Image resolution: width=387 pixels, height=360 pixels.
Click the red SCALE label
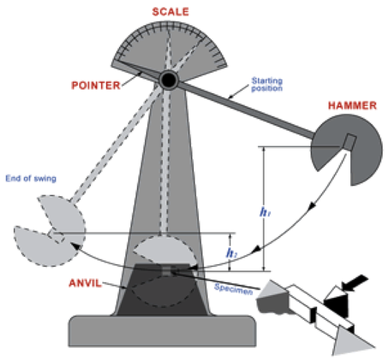tap(171, 12)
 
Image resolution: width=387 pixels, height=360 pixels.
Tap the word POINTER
tap(96, 85)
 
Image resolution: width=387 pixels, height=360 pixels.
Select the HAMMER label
tap(352, 105)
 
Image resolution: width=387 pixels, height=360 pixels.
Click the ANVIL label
tap(85, 283)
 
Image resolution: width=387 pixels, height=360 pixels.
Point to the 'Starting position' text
tap(267, 84)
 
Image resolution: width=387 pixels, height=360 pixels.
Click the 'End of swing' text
tap(31, 178)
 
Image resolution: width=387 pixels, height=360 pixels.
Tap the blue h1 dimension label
tap(265, 212)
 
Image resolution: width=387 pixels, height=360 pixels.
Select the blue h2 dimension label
tap(231, 253)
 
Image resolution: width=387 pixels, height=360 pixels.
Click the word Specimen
tap(233, 289)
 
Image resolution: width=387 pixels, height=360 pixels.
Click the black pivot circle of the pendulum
tap(169, 80)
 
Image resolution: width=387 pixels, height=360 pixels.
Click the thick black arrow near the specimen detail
tap(355, 282)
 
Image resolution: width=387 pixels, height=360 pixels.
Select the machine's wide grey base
tap(162, 331)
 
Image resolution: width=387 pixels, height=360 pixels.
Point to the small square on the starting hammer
tap(350, 142)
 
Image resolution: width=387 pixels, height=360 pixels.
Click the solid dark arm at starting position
tap(246, 110)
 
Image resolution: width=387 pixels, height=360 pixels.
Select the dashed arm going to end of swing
tap(116, 144)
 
